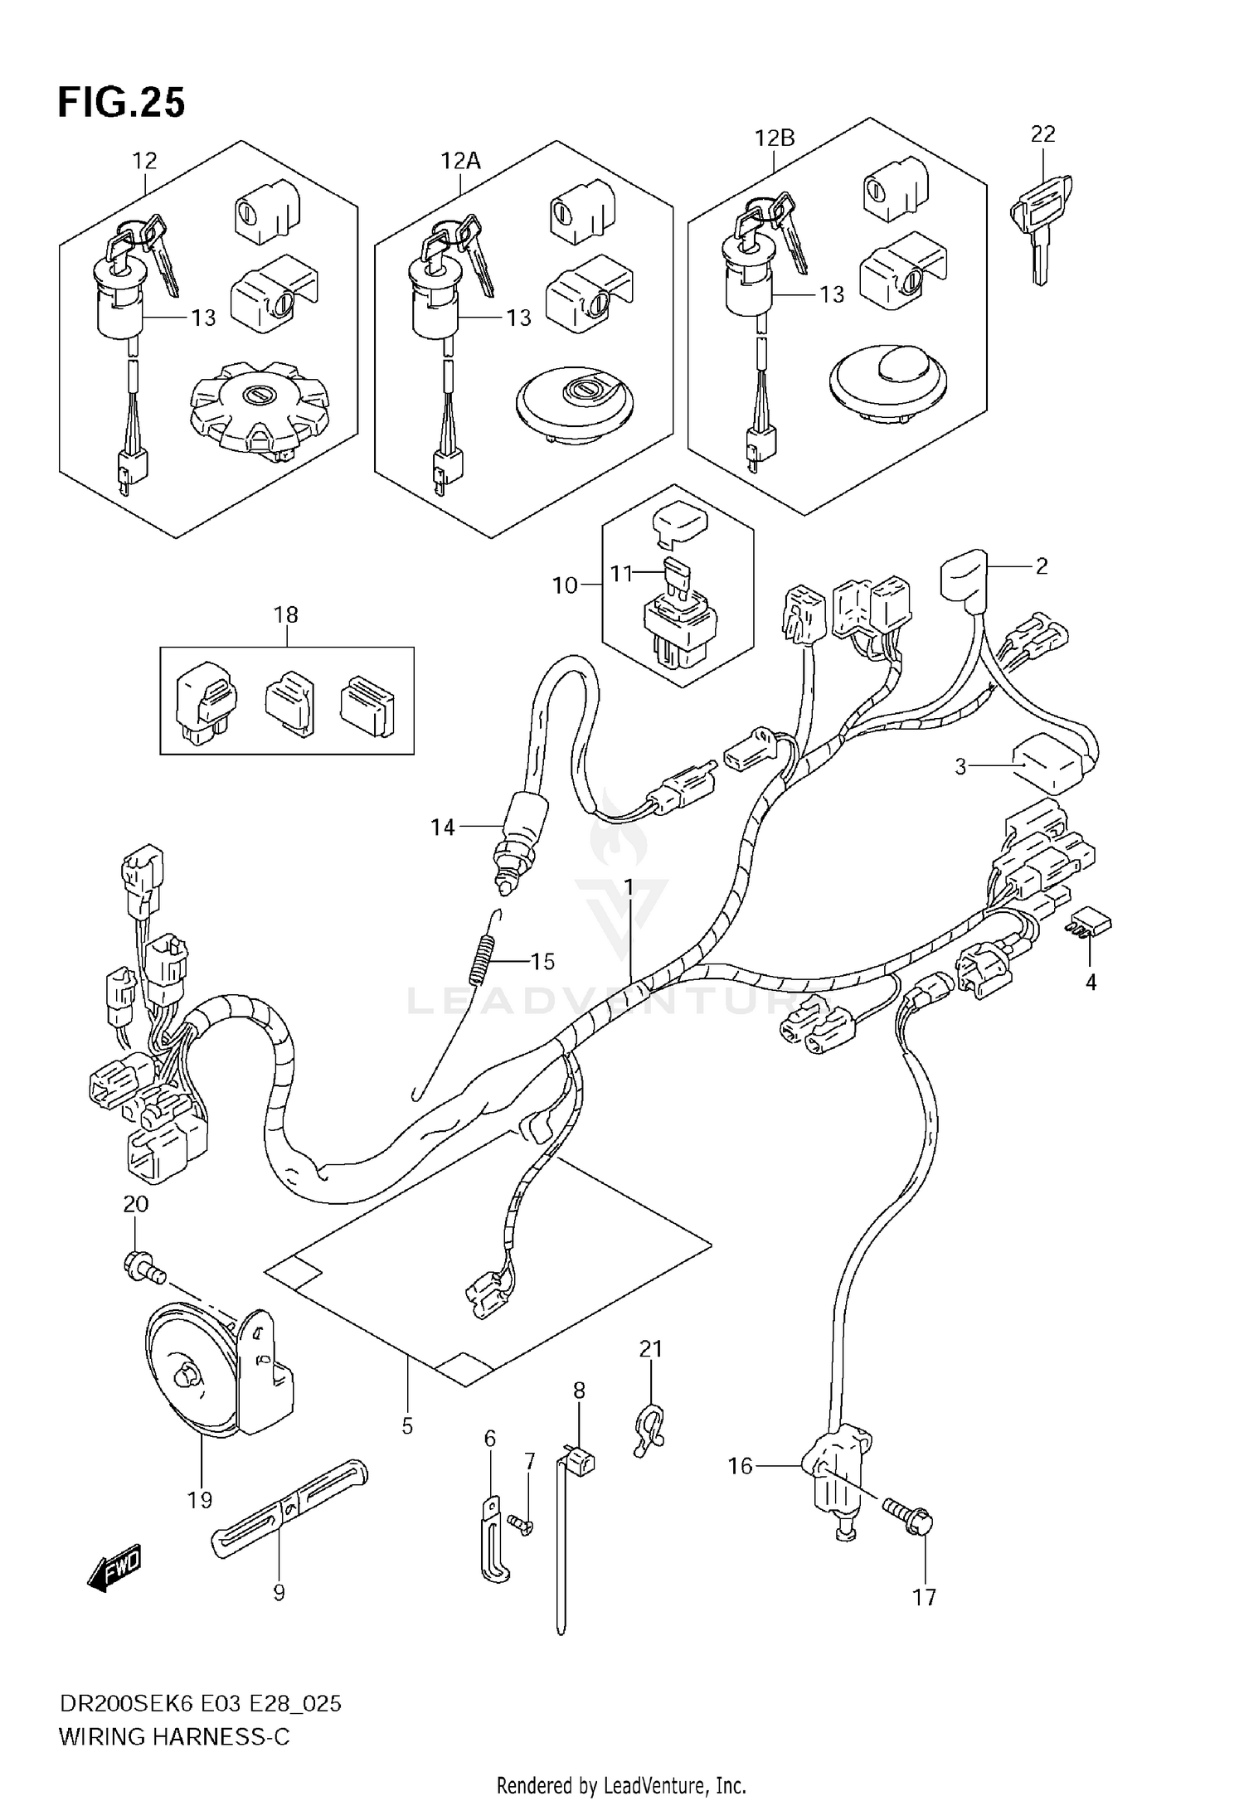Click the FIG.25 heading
[x=121, y=103]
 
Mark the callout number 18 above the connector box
[x=286, y=614]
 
